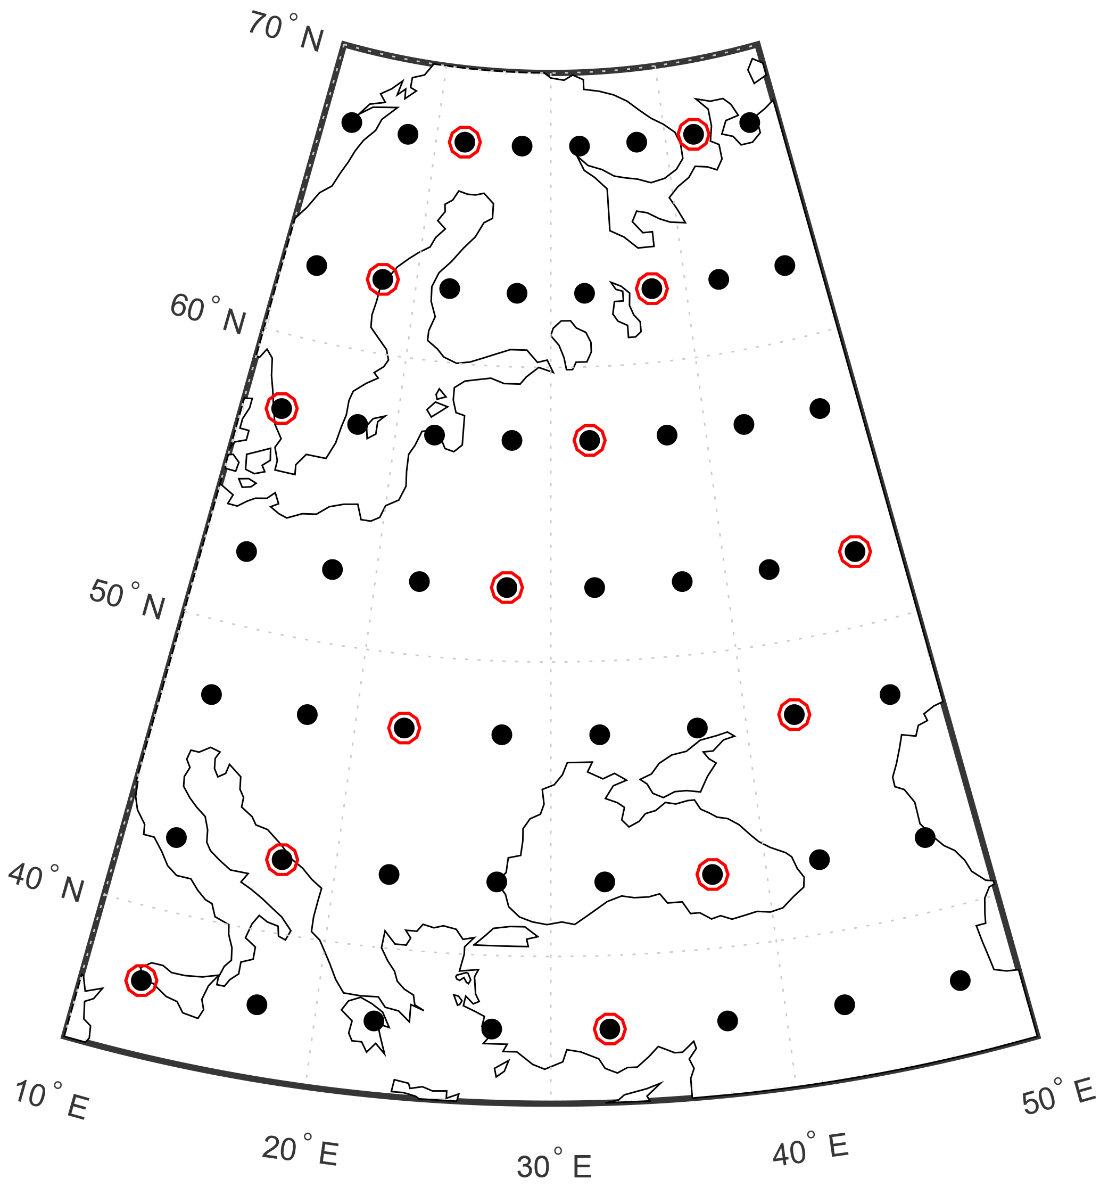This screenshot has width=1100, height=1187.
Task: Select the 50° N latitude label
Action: (127, 600)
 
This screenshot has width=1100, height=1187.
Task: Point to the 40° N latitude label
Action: (46, 884)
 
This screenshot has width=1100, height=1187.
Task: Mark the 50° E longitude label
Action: (1058, 1096)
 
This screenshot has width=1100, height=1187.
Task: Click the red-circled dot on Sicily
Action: (141, 980)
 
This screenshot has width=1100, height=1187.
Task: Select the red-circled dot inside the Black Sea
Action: (712, 875)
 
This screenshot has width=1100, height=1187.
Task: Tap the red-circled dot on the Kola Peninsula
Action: (693, 134)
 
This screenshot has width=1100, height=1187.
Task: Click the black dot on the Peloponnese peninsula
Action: (374, 1021)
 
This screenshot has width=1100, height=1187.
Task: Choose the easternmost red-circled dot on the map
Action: (855, 552)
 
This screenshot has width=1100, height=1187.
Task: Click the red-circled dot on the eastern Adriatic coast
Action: (282, 860)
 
